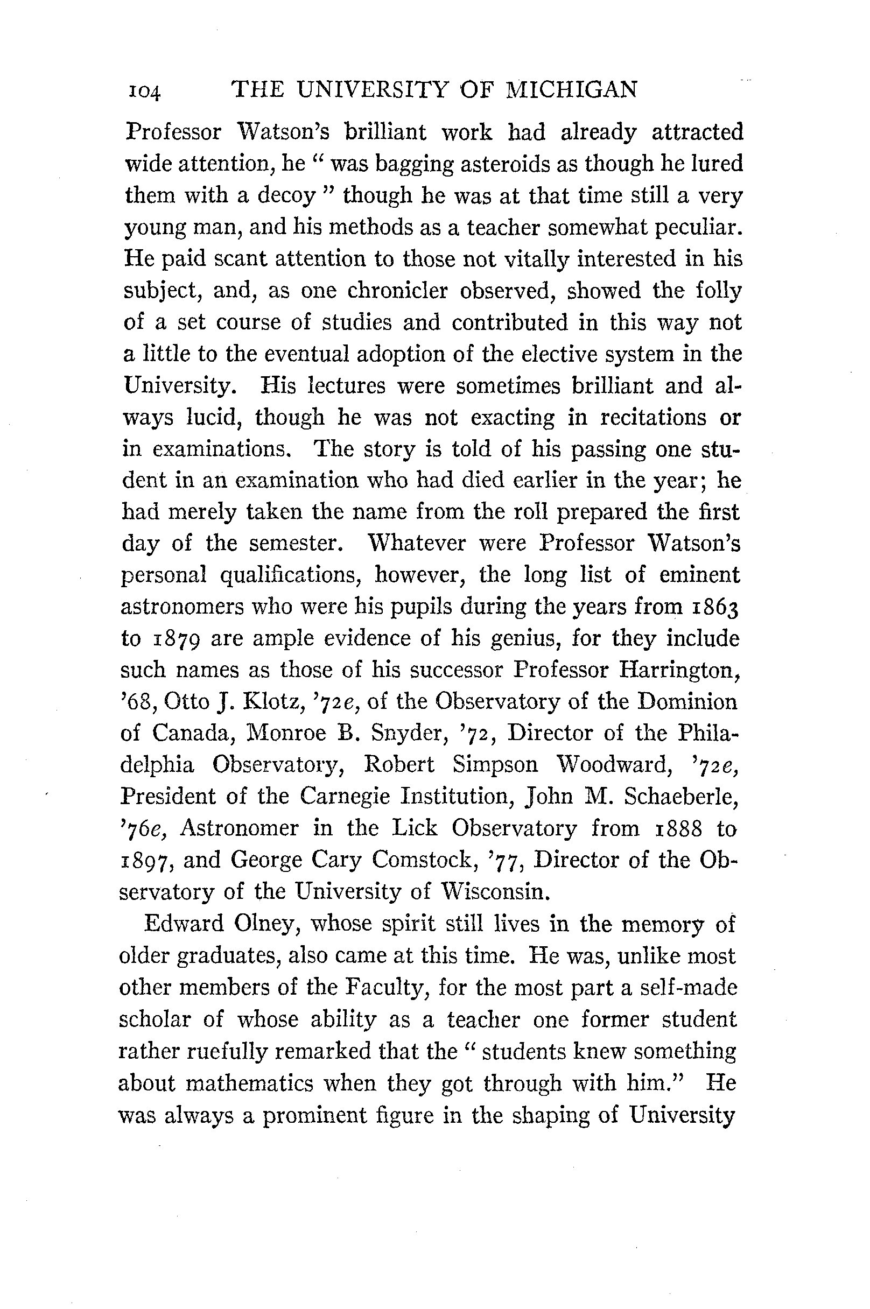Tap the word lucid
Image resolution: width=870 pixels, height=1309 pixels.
pyautogui.click(x=215, y=417)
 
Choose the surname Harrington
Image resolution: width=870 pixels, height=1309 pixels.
pyautogui.click(x=679, y=671)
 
